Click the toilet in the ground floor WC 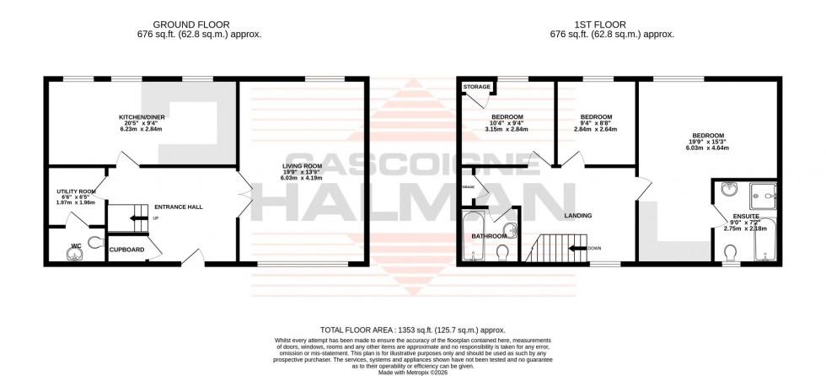(94, 243)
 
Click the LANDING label (578, 216)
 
